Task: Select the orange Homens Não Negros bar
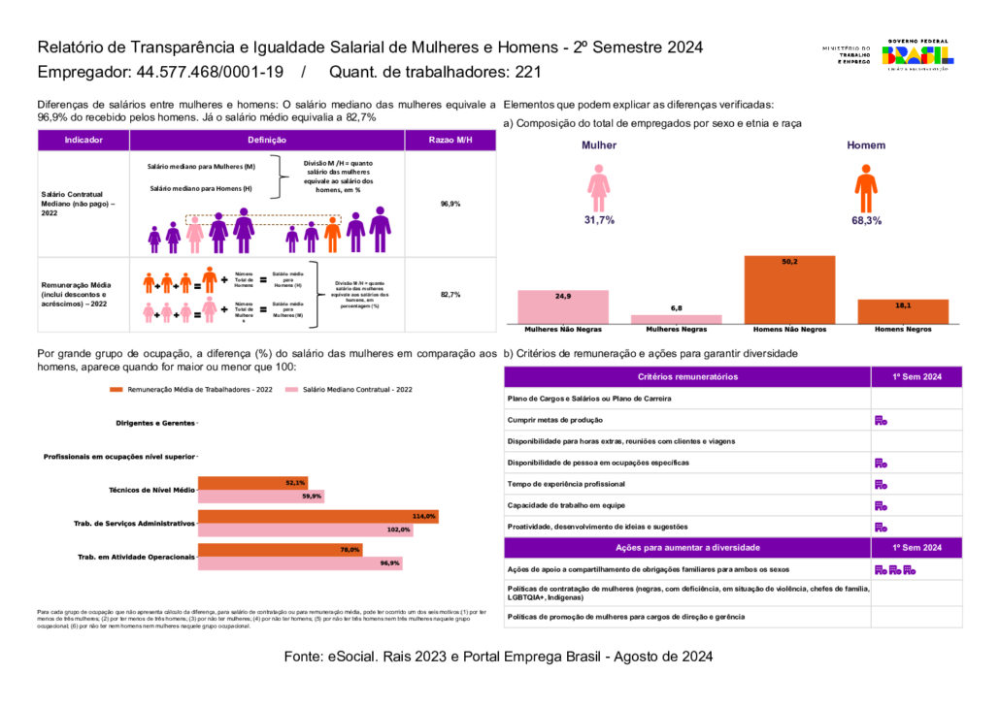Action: pyautogui.click(x=789, y=288)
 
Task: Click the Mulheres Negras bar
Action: pyautogui.click(x=676, y=317)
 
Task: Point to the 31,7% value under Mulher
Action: pyautogui.click(x=599, y=220)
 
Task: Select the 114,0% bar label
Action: pyautogui.click(x=424, y=516)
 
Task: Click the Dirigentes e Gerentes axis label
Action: pyautogui.click(x=155, y=424)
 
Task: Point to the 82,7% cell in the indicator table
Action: pyautogui.click(x=450, y=294)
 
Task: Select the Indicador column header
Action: pyautogui.click(x=83, y=141)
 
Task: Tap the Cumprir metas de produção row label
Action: pyautogui.click(x=555, y=420)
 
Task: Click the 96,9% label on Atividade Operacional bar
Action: pyautogui.click(x=390, y=562)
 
